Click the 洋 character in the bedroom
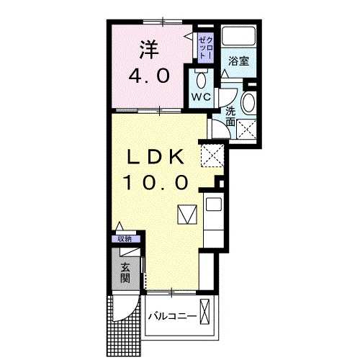[149, 49]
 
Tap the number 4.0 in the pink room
[149, 75]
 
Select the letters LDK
[157, 157]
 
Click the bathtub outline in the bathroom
[237, 37]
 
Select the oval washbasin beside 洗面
[248, 104]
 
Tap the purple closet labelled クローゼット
[204, 45]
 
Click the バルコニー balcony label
[173, 316]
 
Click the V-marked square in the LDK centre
[186, 215]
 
